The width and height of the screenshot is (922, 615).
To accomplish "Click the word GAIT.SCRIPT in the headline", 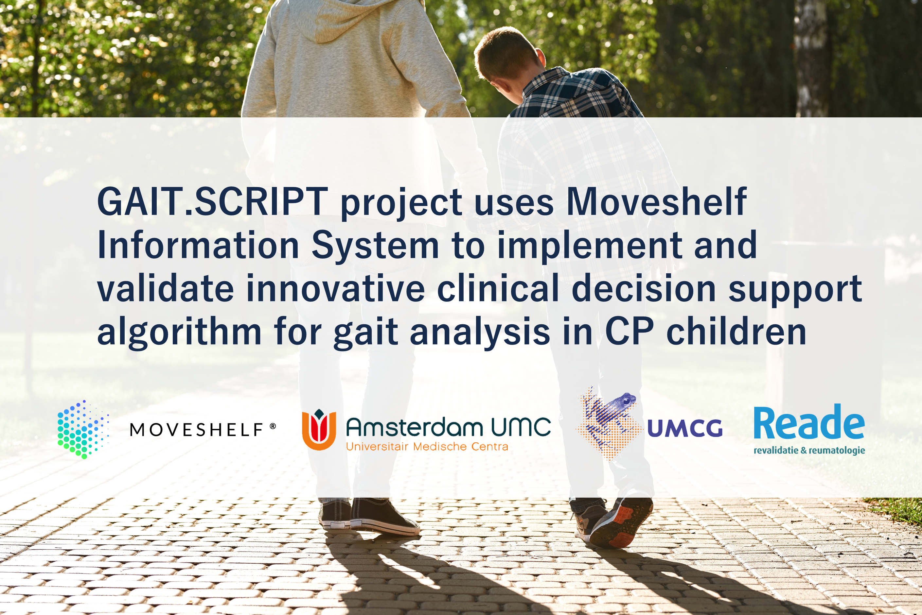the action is point(212,202).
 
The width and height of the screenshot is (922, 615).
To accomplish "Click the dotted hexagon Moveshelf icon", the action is point(83,430).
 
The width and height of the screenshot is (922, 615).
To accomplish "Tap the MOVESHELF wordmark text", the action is point(196,430).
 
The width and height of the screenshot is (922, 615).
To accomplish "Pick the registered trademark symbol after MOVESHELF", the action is point(273,426).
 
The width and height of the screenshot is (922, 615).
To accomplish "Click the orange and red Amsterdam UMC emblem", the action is point(319,430).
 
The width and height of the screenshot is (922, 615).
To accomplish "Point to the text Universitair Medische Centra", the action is point(427,446).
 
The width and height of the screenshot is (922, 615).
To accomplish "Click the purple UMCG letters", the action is point(685,428).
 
